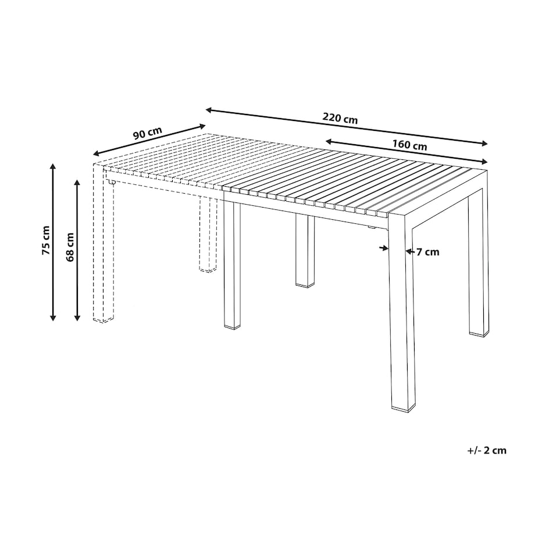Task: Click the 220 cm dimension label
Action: tap(340, 119)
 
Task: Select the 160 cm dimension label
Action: tap(409, 145)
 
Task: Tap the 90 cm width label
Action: tap(147, 133)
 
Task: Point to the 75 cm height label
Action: tap(46, 240)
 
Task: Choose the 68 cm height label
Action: tap(70, 247)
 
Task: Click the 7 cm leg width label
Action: tap(428, 252)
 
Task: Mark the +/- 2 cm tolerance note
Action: tap(487, 450)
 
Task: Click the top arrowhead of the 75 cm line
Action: tap(52, 166)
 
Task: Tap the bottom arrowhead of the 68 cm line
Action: tap(77, 318)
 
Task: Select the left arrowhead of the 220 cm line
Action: tap(208, 110)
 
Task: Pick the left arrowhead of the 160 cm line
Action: tap(329, 141)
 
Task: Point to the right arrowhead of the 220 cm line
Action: tap(485, 143)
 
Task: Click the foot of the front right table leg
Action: tap(404, 408)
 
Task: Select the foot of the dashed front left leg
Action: tap(104, 320)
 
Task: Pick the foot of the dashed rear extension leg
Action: tap(208, 270)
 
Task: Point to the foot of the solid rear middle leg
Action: tap(305, 286)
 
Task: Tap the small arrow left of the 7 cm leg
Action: tap(384, 248)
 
